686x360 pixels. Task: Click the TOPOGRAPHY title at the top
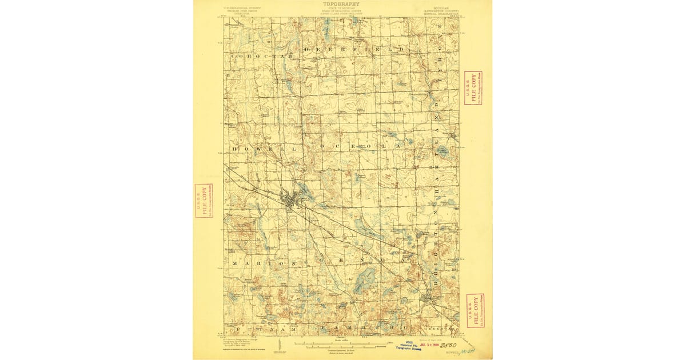coord(344,4)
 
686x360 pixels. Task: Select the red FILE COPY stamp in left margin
coord(203,201)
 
